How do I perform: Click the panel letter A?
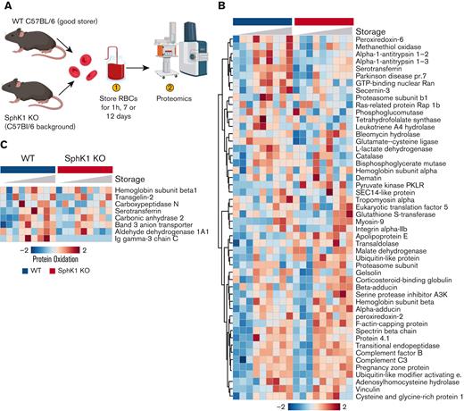[6, 7]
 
